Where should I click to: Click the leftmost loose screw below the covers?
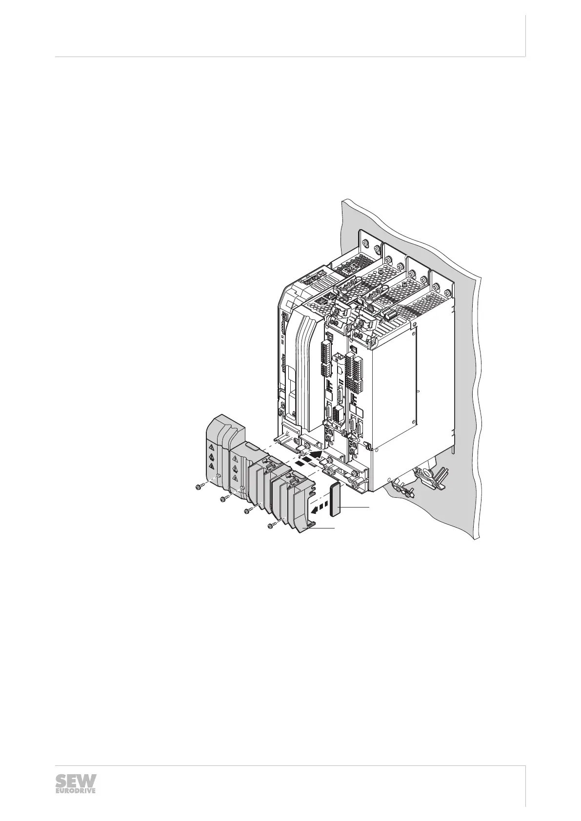click(200, 487)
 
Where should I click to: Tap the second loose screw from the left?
click(224, 498)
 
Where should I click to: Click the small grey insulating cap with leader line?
click(335, 500)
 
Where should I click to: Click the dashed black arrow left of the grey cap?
click(320, 508)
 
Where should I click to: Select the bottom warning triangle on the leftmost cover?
click(211, 466)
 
